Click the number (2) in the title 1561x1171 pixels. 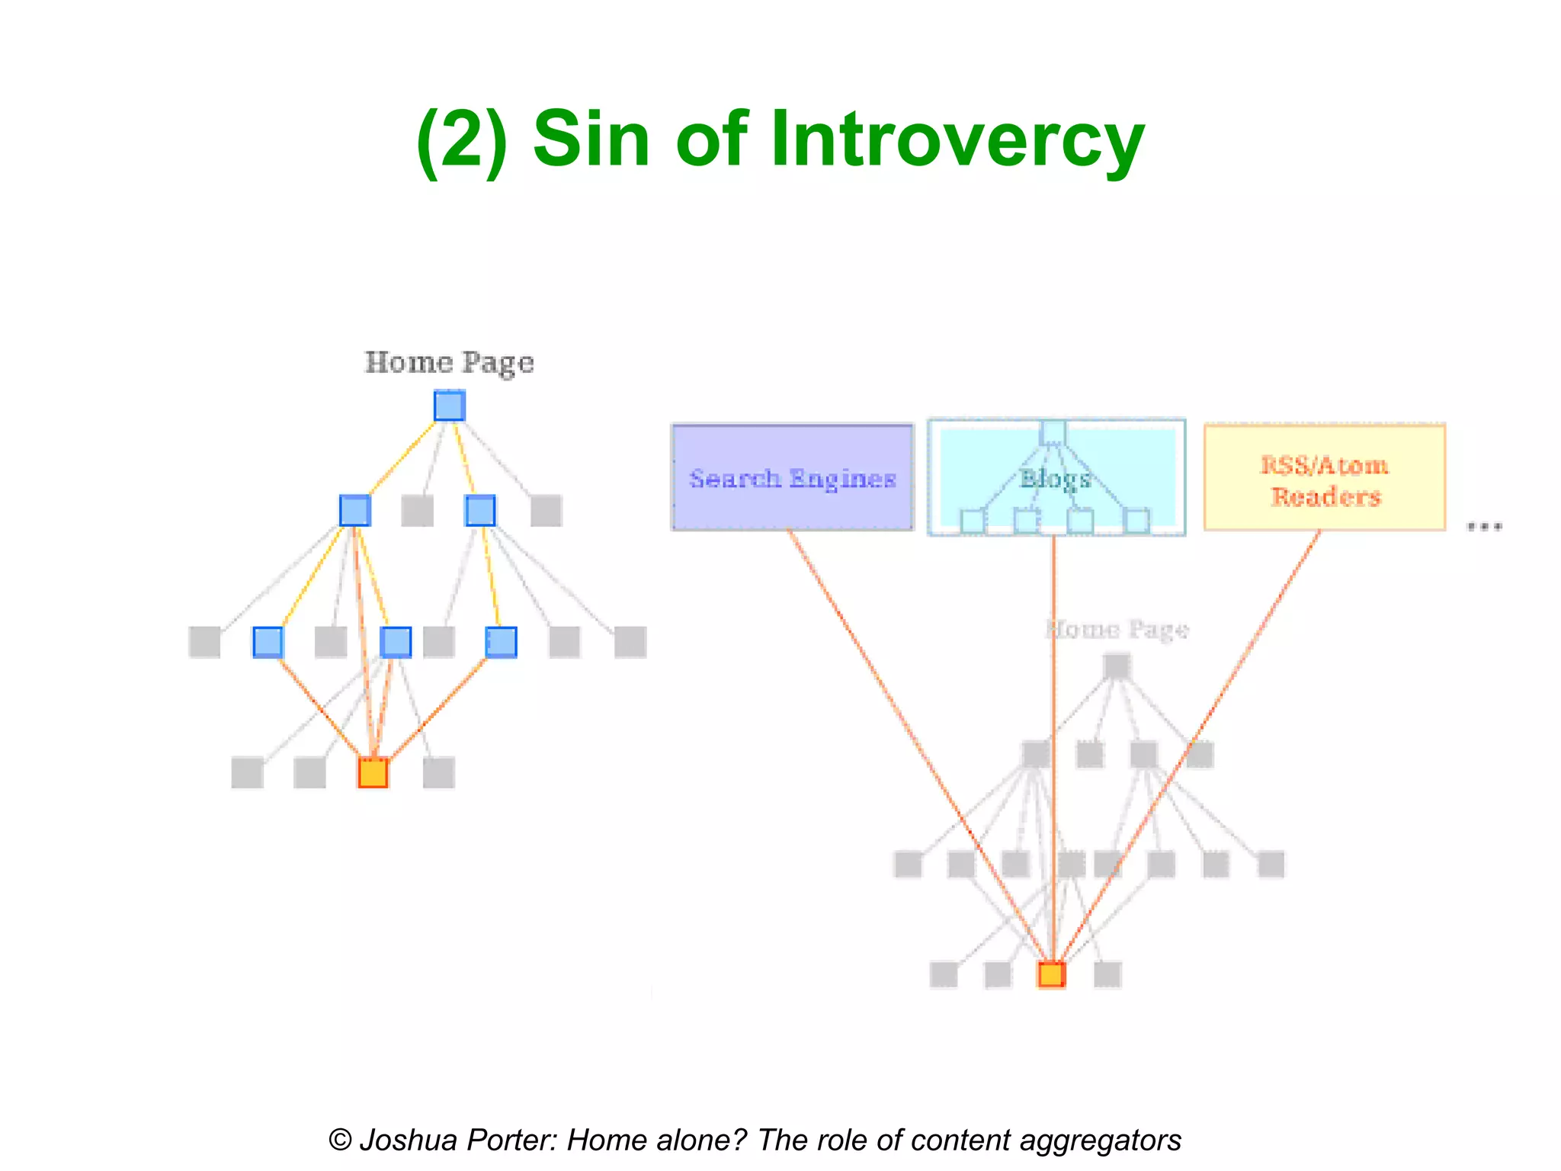(462, 139)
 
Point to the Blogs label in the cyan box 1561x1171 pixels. (1056, 479)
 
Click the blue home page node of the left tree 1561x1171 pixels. (450, 406)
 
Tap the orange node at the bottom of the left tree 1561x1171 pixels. (373, 772)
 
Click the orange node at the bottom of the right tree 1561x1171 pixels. (1051, 974)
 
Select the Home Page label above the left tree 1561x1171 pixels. (449, 362)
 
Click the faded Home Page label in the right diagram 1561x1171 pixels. (1117, 630)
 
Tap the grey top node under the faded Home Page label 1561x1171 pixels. (1117, 666)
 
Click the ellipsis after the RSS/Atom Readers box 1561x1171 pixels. (1484, 526)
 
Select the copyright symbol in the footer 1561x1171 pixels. (340, 1141)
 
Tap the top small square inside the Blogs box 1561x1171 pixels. (1053, 432)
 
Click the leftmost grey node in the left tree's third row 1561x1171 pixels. (204, 642)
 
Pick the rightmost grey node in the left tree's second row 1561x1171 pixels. (546, 510)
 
